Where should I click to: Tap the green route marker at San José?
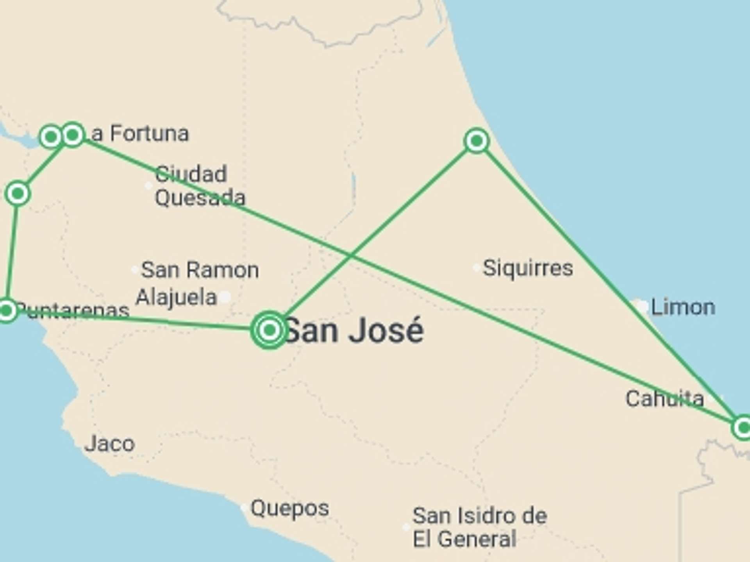click(x=269, y=330)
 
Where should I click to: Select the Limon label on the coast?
click(x=683, y=308)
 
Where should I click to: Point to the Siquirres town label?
click(x=528, y=268)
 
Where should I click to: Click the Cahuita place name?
click(x=664, y=399)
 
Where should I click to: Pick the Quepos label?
click(x=289, y=508)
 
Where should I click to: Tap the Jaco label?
click(x=110, y=444)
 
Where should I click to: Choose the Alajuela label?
click(x=176, y=297)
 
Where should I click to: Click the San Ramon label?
click(x=200, y=270)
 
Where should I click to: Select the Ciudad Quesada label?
click(x=200, y=186)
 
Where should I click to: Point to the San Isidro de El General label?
click(x=480, y=527)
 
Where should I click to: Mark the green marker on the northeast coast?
click(x=476, y=140)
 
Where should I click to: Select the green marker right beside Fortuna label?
click(x=73, y=135)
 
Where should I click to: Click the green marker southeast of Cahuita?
click(x=743, y=427)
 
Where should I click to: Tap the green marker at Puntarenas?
click(x=7, y=311)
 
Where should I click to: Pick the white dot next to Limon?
click(x=641, y=306)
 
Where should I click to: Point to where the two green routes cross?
click(x=350, y=256)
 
